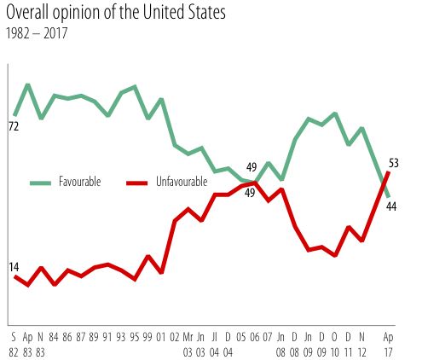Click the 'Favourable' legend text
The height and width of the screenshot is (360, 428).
pos(79,183)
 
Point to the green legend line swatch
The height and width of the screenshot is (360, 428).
pos(41,183)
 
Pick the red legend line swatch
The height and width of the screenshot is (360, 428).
pos(138,183)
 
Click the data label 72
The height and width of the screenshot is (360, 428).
pos(14,126)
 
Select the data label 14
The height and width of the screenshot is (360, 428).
pos(14,267)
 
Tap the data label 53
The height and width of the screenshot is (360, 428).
pos(393,162)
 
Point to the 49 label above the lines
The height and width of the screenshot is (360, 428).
pos(252,167)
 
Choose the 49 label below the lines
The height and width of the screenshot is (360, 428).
pos(251,193)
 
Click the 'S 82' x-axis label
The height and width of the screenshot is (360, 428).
pos(14,342)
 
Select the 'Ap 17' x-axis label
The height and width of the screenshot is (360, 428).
pos(389,342)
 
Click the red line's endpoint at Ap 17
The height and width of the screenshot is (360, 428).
pos(389,173)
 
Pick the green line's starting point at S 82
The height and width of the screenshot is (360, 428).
pos(14,114)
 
